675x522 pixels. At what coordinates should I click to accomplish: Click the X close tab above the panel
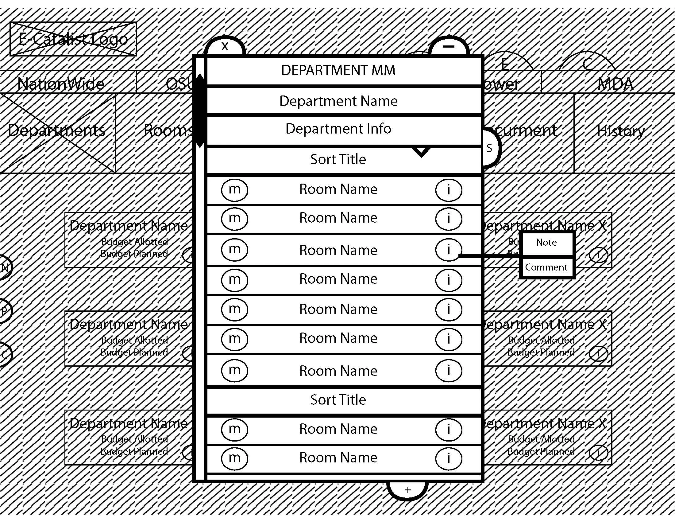(x=225, y=47)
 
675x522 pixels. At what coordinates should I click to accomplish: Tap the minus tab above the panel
(x=449, y=47)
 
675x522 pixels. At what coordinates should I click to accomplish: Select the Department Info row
(x=338, y=129)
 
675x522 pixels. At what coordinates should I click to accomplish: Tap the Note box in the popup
(x=546, y=243)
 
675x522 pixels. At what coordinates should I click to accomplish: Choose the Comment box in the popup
(x=546, y=267)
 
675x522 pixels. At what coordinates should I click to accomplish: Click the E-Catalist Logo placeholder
(x=73, y=39)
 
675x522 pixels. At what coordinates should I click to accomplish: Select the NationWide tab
(x=61, y=84)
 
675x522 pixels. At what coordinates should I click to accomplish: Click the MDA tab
(x=615, y=84)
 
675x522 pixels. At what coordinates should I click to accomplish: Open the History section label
(x=621, y=131)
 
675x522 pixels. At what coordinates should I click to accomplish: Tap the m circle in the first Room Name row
(x=235, y=189)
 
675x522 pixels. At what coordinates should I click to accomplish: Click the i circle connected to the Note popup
(x=449, y=250)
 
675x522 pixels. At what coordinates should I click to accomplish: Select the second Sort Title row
(x=338, y=400)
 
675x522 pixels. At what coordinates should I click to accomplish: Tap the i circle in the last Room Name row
(x=449, y=458)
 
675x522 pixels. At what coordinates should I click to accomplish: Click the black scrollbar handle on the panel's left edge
(x=200, y=111)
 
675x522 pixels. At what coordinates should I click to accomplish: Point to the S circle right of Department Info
(x=490, y=148)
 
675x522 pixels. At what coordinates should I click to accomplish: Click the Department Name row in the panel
(x=338, y=101)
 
